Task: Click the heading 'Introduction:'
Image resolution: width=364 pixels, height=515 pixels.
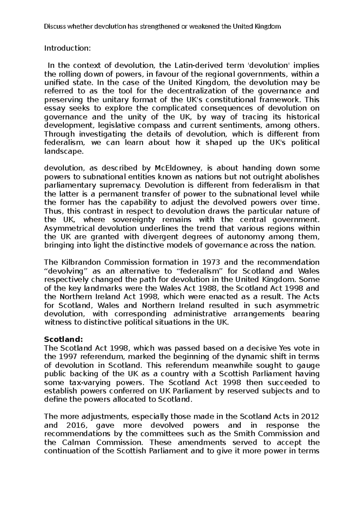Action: (68, 48)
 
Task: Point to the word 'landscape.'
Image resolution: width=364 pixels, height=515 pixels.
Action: (64, 151)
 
